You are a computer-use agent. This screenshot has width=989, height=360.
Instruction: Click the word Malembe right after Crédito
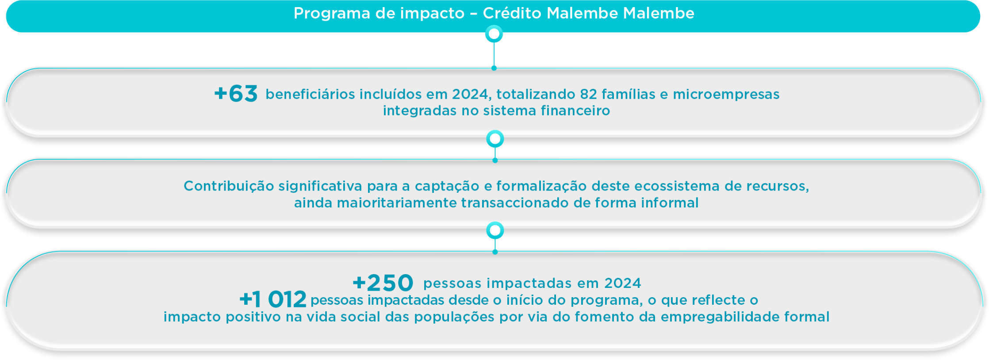coord(582,13)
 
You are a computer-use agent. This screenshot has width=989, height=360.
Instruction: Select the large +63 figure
coord(236,94)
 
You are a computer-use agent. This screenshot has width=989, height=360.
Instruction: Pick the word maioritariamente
coord(397,203)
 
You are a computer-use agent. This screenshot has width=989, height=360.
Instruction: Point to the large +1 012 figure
coord(273,300)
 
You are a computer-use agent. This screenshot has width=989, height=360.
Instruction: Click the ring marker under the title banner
coord(494,34)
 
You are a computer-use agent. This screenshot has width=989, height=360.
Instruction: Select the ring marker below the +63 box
coord(495,139)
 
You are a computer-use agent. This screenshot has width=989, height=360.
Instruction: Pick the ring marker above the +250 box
coord(495,230)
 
